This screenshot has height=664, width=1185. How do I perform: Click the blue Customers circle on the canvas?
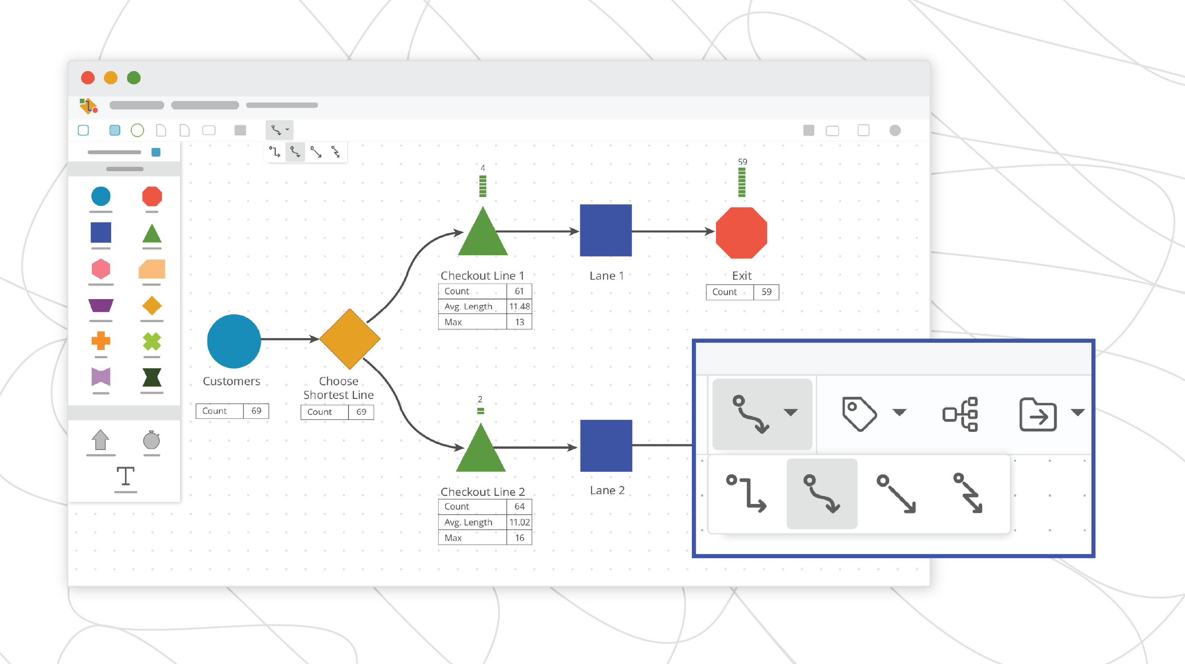coord(233,341)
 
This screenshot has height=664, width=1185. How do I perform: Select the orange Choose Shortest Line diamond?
coord(350,339)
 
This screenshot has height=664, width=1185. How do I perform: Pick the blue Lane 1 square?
coord(606,230)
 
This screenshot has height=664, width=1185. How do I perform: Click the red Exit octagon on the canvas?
coord(742,232)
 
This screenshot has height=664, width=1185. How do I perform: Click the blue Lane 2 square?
coord(606,446)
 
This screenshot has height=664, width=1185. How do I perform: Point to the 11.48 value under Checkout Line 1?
coord(519,306)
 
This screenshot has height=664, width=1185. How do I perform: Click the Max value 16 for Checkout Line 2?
coord(519,537)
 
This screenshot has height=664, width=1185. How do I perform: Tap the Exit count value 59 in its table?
coord(766,292)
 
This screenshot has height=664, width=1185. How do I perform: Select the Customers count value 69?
coord(256,410)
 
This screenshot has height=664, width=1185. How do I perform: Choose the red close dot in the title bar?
coord(88,78)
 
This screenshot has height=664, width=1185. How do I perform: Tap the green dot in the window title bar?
coord(134,78)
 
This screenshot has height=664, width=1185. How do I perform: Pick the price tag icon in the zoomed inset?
coord(859,413)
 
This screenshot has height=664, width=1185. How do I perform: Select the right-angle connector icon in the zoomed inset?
coord(746,494)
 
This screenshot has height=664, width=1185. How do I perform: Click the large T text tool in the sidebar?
coord(125,476)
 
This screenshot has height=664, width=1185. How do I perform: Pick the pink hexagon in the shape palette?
coord(101,269)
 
